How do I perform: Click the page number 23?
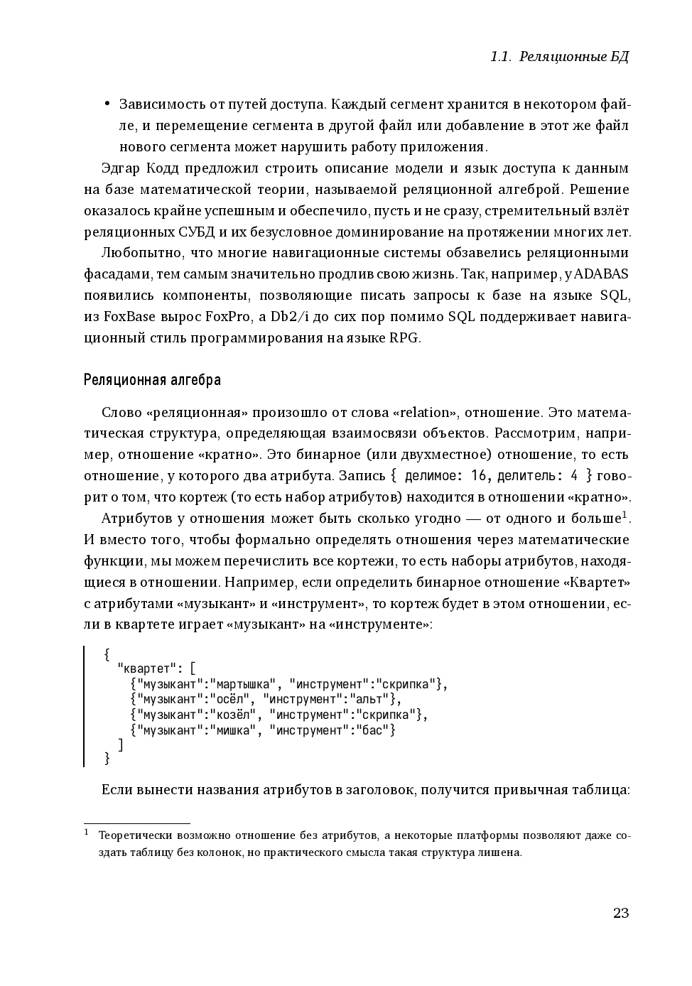click(x=620, y=913)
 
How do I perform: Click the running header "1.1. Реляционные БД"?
click(x=559, y=57)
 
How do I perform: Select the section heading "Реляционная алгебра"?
click(x=152, y=380)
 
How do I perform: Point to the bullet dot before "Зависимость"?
click(x=107, y=104)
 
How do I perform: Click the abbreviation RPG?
click(x=404, y=338)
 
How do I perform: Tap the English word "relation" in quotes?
click(x=425, y=413)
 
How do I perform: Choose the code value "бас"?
click(x=373, y=730)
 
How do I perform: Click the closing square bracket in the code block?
click(x=121, y=744)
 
